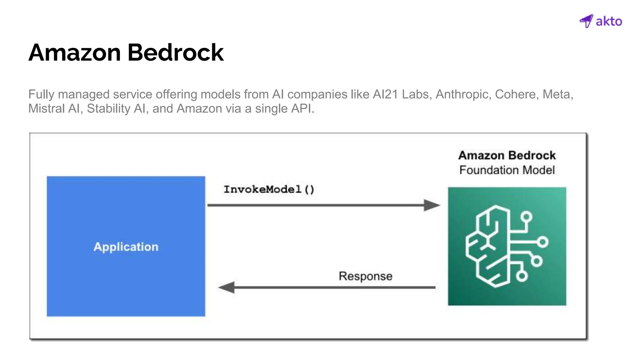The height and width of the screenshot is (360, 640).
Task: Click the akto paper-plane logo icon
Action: pos(586,21)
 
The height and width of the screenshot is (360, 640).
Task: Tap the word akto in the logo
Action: pos(609,22)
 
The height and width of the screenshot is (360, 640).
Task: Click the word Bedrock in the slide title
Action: pos(175,52)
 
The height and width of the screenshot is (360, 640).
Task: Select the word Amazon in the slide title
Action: pos(75,52)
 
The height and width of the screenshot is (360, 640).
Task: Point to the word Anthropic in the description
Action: pos(462,94)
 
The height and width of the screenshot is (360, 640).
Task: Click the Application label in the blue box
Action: pos(126,247)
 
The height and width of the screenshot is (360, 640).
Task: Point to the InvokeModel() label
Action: pos(269,189)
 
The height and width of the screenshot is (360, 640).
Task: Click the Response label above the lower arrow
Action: pos(365,276)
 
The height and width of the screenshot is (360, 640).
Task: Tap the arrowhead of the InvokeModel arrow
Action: pos(432,205)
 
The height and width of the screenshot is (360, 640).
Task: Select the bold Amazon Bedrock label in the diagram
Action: pos(507,155)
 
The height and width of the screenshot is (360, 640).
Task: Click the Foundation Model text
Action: pos(507,170)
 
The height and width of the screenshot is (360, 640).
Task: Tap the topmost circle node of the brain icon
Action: pos(527,217)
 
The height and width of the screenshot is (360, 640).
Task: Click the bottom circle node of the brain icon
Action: pos(522,276)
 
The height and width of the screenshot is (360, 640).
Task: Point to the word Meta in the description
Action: pos(558,94)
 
